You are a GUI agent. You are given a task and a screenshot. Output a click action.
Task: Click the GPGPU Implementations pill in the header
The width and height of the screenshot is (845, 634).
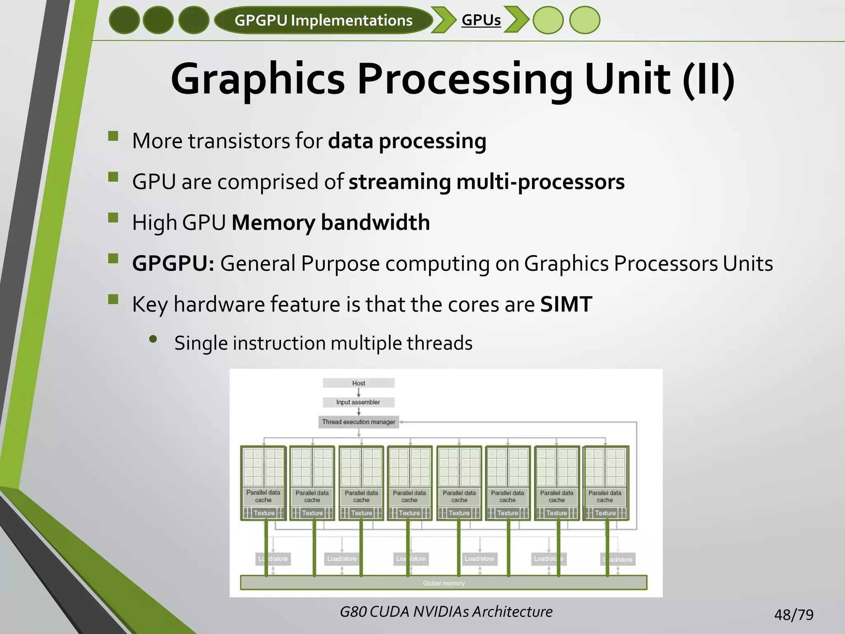coord(323,20)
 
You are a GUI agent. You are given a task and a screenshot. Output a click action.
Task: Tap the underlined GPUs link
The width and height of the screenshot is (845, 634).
coord(481,20)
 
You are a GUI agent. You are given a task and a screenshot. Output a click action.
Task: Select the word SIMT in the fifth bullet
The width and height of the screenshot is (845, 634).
coord(566,304)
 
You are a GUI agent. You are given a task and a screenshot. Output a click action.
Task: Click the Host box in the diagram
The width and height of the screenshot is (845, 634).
coord(359,383)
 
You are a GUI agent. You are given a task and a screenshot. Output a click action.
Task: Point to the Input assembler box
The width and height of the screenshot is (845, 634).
coord(358,402)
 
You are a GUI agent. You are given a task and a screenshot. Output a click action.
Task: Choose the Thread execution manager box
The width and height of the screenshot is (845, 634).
coord(359,422)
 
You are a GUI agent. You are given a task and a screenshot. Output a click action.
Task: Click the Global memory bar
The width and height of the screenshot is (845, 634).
coord(444,583)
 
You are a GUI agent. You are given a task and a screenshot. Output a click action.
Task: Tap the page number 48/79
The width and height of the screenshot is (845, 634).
coord(793,615)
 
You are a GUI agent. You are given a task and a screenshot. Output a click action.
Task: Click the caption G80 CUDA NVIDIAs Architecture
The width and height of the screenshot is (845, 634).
coord(446,611)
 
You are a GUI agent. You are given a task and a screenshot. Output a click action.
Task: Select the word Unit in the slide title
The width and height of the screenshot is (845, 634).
coord(627,78)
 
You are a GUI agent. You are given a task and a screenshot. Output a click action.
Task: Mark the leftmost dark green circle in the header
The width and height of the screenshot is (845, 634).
coord(124,20)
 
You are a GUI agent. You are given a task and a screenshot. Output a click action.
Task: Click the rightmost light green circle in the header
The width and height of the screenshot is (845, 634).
coord(584,20)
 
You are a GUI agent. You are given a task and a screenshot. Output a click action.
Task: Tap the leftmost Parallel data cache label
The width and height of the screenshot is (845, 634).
coord(263,496)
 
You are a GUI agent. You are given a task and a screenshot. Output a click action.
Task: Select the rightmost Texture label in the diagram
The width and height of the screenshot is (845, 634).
coord(605,513)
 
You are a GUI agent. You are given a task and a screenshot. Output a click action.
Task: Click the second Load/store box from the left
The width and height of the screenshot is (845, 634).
coord(342,558)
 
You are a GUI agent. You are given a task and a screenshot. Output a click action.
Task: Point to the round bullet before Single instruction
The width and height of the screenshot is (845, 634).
coord(153,339)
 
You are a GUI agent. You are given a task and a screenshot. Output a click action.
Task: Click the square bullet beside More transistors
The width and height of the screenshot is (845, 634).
coord(113,137)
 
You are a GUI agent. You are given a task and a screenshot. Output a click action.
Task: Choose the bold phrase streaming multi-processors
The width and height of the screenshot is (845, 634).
coord(486,182)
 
